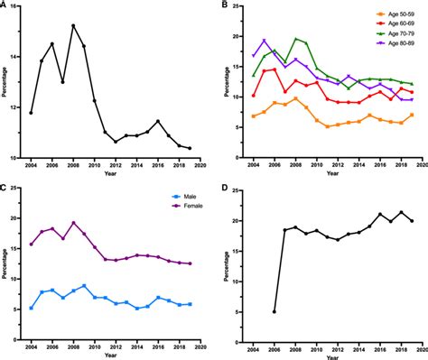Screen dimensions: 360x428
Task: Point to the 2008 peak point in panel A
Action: (x=73, y=26)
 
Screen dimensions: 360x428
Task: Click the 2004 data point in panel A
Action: (x=31, y=113)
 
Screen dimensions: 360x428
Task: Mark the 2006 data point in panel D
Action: (x=274, y=311)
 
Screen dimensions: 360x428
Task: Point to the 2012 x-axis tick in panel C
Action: (x=116, y=345)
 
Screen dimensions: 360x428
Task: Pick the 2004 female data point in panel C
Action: (x=32, y=244)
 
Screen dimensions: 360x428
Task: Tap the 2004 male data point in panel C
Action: (x=32, y=308)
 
